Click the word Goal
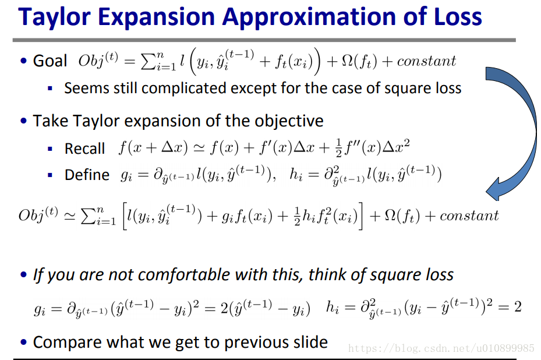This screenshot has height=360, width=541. tap(50, 61)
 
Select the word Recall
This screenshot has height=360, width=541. tap(84, 149)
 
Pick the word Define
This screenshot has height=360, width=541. tap(87, 175)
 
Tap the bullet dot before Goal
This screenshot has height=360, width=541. tap(23, 61)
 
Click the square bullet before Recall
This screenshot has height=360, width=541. tap(50, 149)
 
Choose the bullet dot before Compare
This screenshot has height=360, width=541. tap(23, 342)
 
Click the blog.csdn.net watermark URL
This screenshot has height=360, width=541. tap(441, 348)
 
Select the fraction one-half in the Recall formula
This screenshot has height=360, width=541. tap(338, 148)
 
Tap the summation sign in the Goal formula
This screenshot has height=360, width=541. tap(148, 62)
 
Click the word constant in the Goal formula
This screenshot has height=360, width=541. tap(426, 61)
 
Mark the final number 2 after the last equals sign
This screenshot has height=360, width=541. tap(518, 306)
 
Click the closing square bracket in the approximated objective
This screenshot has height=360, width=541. tap(360, 216)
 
